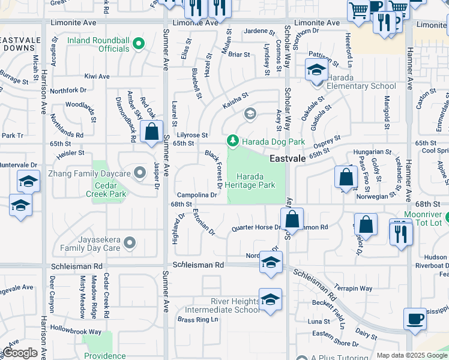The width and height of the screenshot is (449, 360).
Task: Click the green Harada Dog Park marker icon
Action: (x=233, y=141)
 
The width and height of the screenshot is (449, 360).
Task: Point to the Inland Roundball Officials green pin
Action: (x=139, y=43)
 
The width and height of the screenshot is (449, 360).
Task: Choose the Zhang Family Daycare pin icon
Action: (x=140, y=173)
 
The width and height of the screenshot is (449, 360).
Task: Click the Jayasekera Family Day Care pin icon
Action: (x=130, y=243)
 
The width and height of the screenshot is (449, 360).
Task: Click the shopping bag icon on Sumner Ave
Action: (x=152, y=131)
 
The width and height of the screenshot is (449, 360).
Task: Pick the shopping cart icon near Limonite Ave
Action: (x=358, y=10)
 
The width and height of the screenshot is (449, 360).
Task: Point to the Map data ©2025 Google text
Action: (x=412, y=355)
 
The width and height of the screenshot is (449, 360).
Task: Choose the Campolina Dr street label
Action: (x=197, y=195)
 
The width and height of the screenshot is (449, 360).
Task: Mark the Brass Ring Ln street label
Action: (x=197, y=320)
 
